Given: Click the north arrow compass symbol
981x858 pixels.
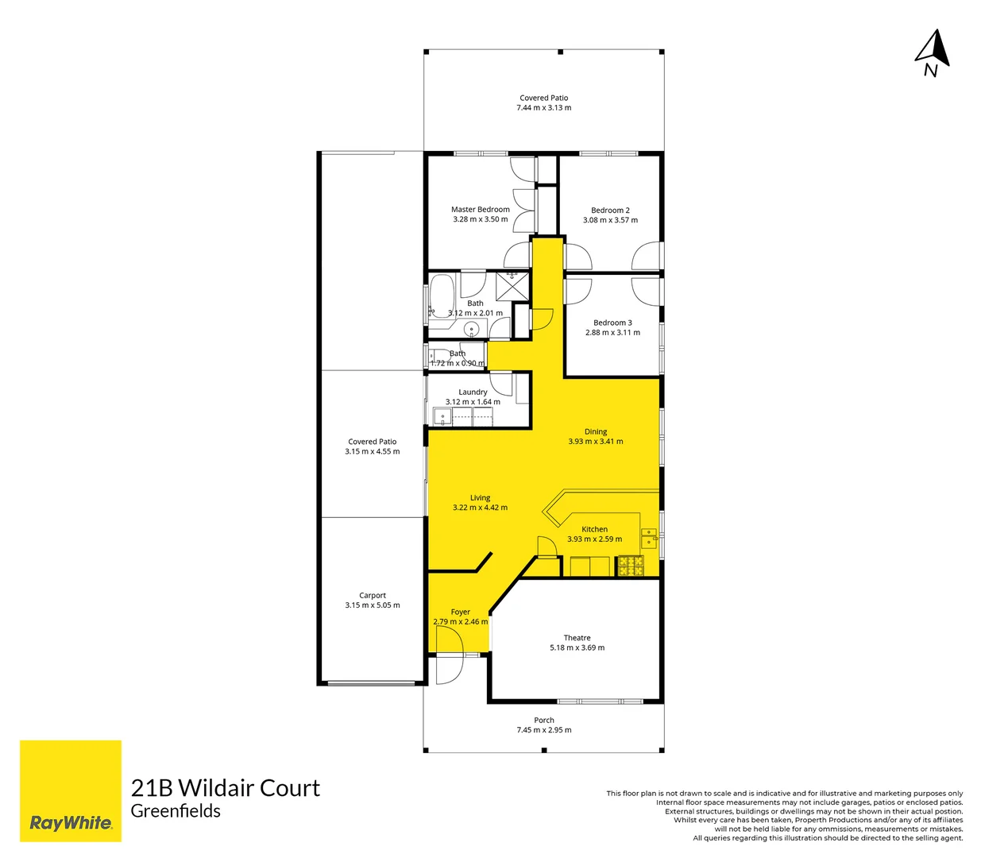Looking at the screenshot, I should click(x=933, y=52).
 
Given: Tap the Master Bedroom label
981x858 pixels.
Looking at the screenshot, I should click(x=481, y=210).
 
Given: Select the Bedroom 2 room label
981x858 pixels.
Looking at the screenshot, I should click(x=610, y=211).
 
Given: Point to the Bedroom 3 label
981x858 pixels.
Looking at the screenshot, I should click(x=612, y=323).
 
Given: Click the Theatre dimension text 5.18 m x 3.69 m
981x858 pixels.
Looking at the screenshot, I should click(x=577, y=648).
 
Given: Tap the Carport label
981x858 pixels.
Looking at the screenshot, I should click(x=373, y=595).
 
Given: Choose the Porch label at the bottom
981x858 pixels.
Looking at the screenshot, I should click(x=544, y=721).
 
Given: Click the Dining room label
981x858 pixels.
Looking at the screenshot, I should click(x=596, y=431).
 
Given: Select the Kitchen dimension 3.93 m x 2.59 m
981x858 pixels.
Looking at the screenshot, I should click(x=594, y=539).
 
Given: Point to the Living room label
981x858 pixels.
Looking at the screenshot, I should click(x=480, y=498).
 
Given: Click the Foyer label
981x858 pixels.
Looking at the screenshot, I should click(x=461, y=612).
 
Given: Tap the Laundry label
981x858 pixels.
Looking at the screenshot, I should click(x=473, y=392).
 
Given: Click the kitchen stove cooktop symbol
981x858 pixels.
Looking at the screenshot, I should click(x=631, y=566).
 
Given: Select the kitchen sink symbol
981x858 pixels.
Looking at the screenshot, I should click(x=649, y=538).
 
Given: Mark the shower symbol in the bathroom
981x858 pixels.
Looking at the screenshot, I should click(x=512, y=285).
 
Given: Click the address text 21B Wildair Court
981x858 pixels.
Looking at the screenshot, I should click(x=225, y=788).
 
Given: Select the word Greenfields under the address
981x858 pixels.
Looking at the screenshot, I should click(x=176, y=811).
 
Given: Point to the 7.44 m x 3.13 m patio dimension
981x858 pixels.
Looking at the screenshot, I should click(x=544, y=108).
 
